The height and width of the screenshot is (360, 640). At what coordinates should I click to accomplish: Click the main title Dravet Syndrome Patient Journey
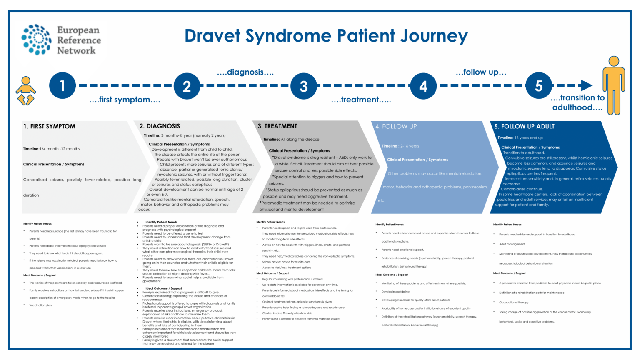tap(326, 36)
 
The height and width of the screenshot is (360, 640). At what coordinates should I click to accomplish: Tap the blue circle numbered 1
tap(62, 86)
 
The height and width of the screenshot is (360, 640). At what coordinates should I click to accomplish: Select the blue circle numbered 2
tap(187, 86)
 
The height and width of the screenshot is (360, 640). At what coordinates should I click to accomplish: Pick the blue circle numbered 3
tap(304, 86)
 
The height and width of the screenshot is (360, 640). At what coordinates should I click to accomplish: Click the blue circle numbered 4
tap(423, 86)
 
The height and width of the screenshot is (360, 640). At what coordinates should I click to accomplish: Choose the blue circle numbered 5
tap(539, 86)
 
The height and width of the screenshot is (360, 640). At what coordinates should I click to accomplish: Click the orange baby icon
tap(26, 91)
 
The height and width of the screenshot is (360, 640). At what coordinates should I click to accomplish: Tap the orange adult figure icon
tap(613, 85)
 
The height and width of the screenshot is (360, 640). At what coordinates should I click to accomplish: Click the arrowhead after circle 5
tap(587, 85)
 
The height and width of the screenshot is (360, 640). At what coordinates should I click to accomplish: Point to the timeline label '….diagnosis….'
tap(245, 72)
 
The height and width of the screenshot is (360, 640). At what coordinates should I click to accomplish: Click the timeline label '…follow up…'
tap(481, 72)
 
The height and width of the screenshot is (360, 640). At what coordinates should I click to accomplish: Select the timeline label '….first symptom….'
tap(125, 100)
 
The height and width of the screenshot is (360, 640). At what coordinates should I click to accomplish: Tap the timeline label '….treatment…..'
tap(361, 100)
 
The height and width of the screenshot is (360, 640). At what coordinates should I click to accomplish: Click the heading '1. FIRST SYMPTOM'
tap(49, 126)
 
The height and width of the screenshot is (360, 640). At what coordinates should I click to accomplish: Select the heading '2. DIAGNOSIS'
tap(160, 126)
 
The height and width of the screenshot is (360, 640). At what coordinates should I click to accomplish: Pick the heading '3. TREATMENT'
tap(277, 126)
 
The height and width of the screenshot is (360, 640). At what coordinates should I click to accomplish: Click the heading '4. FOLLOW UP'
tap(396, 126)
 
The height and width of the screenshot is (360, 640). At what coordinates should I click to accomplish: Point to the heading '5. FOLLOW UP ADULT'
tap(524, 126)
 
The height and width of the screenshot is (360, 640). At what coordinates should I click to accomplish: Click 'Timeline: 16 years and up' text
tap(520, 137)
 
